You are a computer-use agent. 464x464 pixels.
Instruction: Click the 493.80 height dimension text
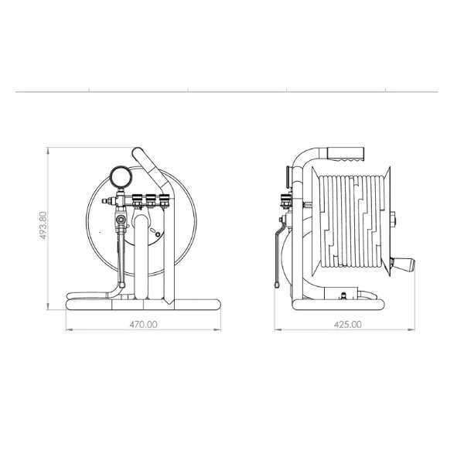[43, 226]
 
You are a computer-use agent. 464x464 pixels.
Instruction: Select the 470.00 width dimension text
[144, 325]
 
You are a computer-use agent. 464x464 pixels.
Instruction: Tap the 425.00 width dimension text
[348, 325]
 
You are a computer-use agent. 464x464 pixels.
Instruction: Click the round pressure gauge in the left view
[121, 176]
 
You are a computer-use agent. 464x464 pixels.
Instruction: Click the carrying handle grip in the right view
[346, 154]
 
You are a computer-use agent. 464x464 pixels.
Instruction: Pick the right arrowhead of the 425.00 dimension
[411, 329]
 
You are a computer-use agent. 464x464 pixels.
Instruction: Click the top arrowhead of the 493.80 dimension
[48, 150]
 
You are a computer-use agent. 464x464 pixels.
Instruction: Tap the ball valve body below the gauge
[121, 220]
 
